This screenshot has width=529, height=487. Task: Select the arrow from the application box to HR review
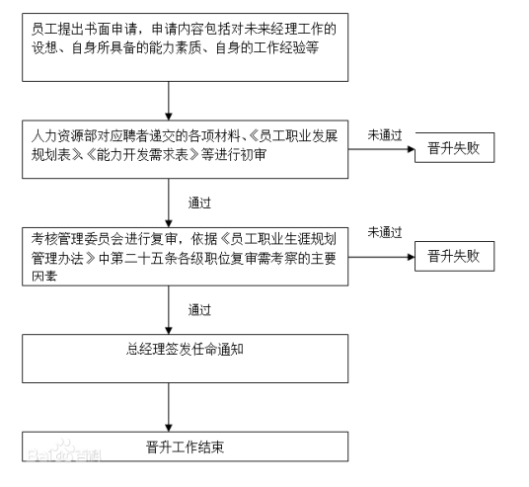click(x=172, y=100)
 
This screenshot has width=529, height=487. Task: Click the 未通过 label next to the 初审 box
click(x=384, y=133)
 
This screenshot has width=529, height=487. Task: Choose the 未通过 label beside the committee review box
click(x=384, y=232)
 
